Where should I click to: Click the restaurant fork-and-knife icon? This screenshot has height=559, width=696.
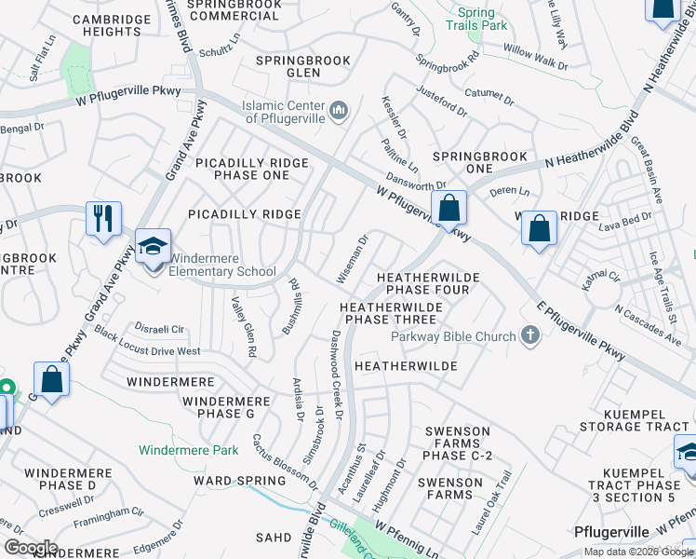[103, 218]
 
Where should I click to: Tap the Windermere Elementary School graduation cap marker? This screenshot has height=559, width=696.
[153, 246]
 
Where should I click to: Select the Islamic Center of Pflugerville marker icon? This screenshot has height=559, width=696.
[339, 112]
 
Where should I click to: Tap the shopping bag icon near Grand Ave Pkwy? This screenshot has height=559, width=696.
[51, 379]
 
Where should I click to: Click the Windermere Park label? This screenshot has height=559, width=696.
[189, 450]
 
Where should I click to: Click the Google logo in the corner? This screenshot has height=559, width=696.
[30, 548]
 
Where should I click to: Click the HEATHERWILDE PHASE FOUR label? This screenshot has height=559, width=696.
[428, 283]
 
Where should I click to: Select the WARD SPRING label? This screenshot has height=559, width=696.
[239, 481]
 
